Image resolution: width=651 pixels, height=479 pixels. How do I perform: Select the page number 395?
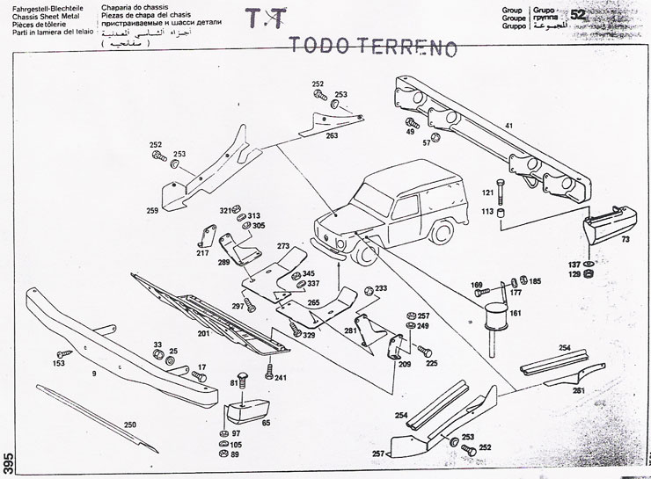point(7,462)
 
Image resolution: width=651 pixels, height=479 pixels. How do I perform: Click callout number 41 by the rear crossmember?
point(508,126)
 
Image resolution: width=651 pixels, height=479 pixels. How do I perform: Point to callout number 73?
point(625,239)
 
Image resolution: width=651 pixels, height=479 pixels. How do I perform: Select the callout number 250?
point(130,425)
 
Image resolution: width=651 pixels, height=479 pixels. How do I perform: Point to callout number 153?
point(60,363)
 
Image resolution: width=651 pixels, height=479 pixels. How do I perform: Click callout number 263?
point(332,136)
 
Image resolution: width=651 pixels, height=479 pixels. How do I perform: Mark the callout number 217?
point(202,254)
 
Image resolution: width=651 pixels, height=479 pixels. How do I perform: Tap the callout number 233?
point(381,288)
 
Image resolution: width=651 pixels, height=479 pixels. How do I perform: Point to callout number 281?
point(350,330)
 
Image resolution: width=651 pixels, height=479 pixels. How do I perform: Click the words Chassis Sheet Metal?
point(32,18)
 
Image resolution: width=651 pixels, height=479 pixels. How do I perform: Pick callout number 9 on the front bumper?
point(93,374)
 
